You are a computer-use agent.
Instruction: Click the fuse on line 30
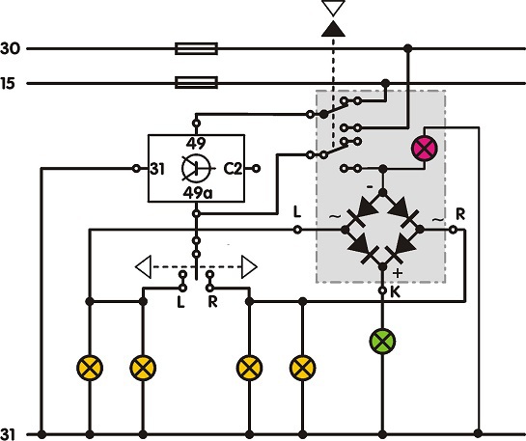click(197, 48)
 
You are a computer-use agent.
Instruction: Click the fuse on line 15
click(197, 82)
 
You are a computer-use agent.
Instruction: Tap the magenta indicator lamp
click(425, 149)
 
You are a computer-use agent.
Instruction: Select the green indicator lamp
click(382, 342)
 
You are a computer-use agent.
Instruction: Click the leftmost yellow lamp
click(90, 368)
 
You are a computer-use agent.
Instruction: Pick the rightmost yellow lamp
click(303, 368)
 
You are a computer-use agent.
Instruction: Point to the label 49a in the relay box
click(198, 193)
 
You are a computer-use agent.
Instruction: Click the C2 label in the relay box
click(233, 169)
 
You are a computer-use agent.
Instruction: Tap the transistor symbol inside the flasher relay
click(196, 168)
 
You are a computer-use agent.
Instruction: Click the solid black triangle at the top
click(333, 29)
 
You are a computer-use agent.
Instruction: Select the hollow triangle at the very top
click(333, 8)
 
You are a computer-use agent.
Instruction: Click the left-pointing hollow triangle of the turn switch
click(143, 266)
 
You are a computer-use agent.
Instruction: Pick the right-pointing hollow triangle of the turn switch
click(249, 266)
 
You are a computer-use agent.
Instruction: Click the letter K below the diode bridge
click(396, 292)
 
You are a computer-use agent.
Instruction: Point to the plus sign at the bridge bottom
click(398, 273)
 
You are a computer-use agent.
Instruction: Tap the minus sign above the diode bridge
click(370, 187)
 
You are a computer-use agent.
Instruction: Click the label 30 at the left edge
click(10, 48)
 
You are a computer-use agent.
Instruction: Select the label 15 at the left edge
click(8, 83)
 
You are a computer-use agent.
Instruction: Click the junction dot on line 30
click(408, 48)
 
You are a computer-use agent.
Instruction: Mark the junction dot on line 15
click(386, 83)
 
